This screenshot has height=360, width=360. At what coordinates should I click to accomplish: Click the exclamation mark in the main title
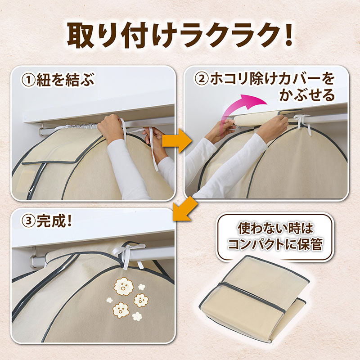286,36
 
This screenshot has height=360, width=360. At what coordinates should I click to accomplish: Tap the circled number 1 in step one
28,80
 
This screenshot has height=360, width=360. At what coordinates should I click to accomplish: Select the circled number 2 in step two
201,79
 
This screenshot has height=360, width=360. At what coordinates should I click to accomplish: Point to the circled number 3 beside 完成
28,221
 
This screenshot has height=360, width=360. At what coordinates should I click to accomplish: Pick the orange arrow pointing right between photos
177,141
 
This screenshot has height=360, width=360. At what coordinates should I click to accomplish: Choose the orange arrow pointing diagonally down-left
185,209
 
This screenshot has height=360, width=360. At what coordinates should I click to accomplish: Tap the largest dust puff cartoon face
124,286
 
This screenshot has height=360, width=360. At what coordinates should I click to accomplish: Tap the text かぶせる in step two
307,95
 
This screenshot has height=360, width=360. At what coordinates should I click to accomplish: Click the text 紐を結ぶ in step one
65,80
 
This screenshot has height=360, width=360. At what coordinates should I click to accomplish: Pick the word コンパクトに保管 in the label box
275,244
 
